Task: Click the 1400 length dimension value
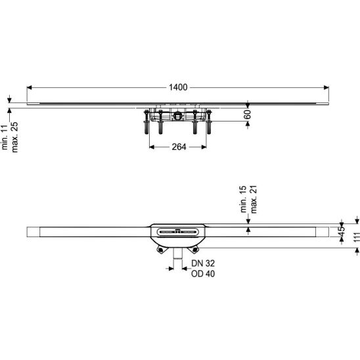coord(178,87)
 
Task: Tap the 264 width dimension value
coord(179,147)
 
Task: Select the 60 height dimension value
coord(248,114)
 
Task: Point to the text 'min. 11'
coord(5,136)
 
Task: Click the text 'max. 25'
coord(14,137)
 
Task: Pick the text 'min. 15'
coord(243,199)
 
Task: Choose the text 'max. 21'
coord(254,199)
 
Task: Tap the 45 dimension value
coord(342,231)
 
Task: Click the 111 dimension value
coord(356,237)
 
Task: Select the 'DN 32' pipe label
coord(203,263)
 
